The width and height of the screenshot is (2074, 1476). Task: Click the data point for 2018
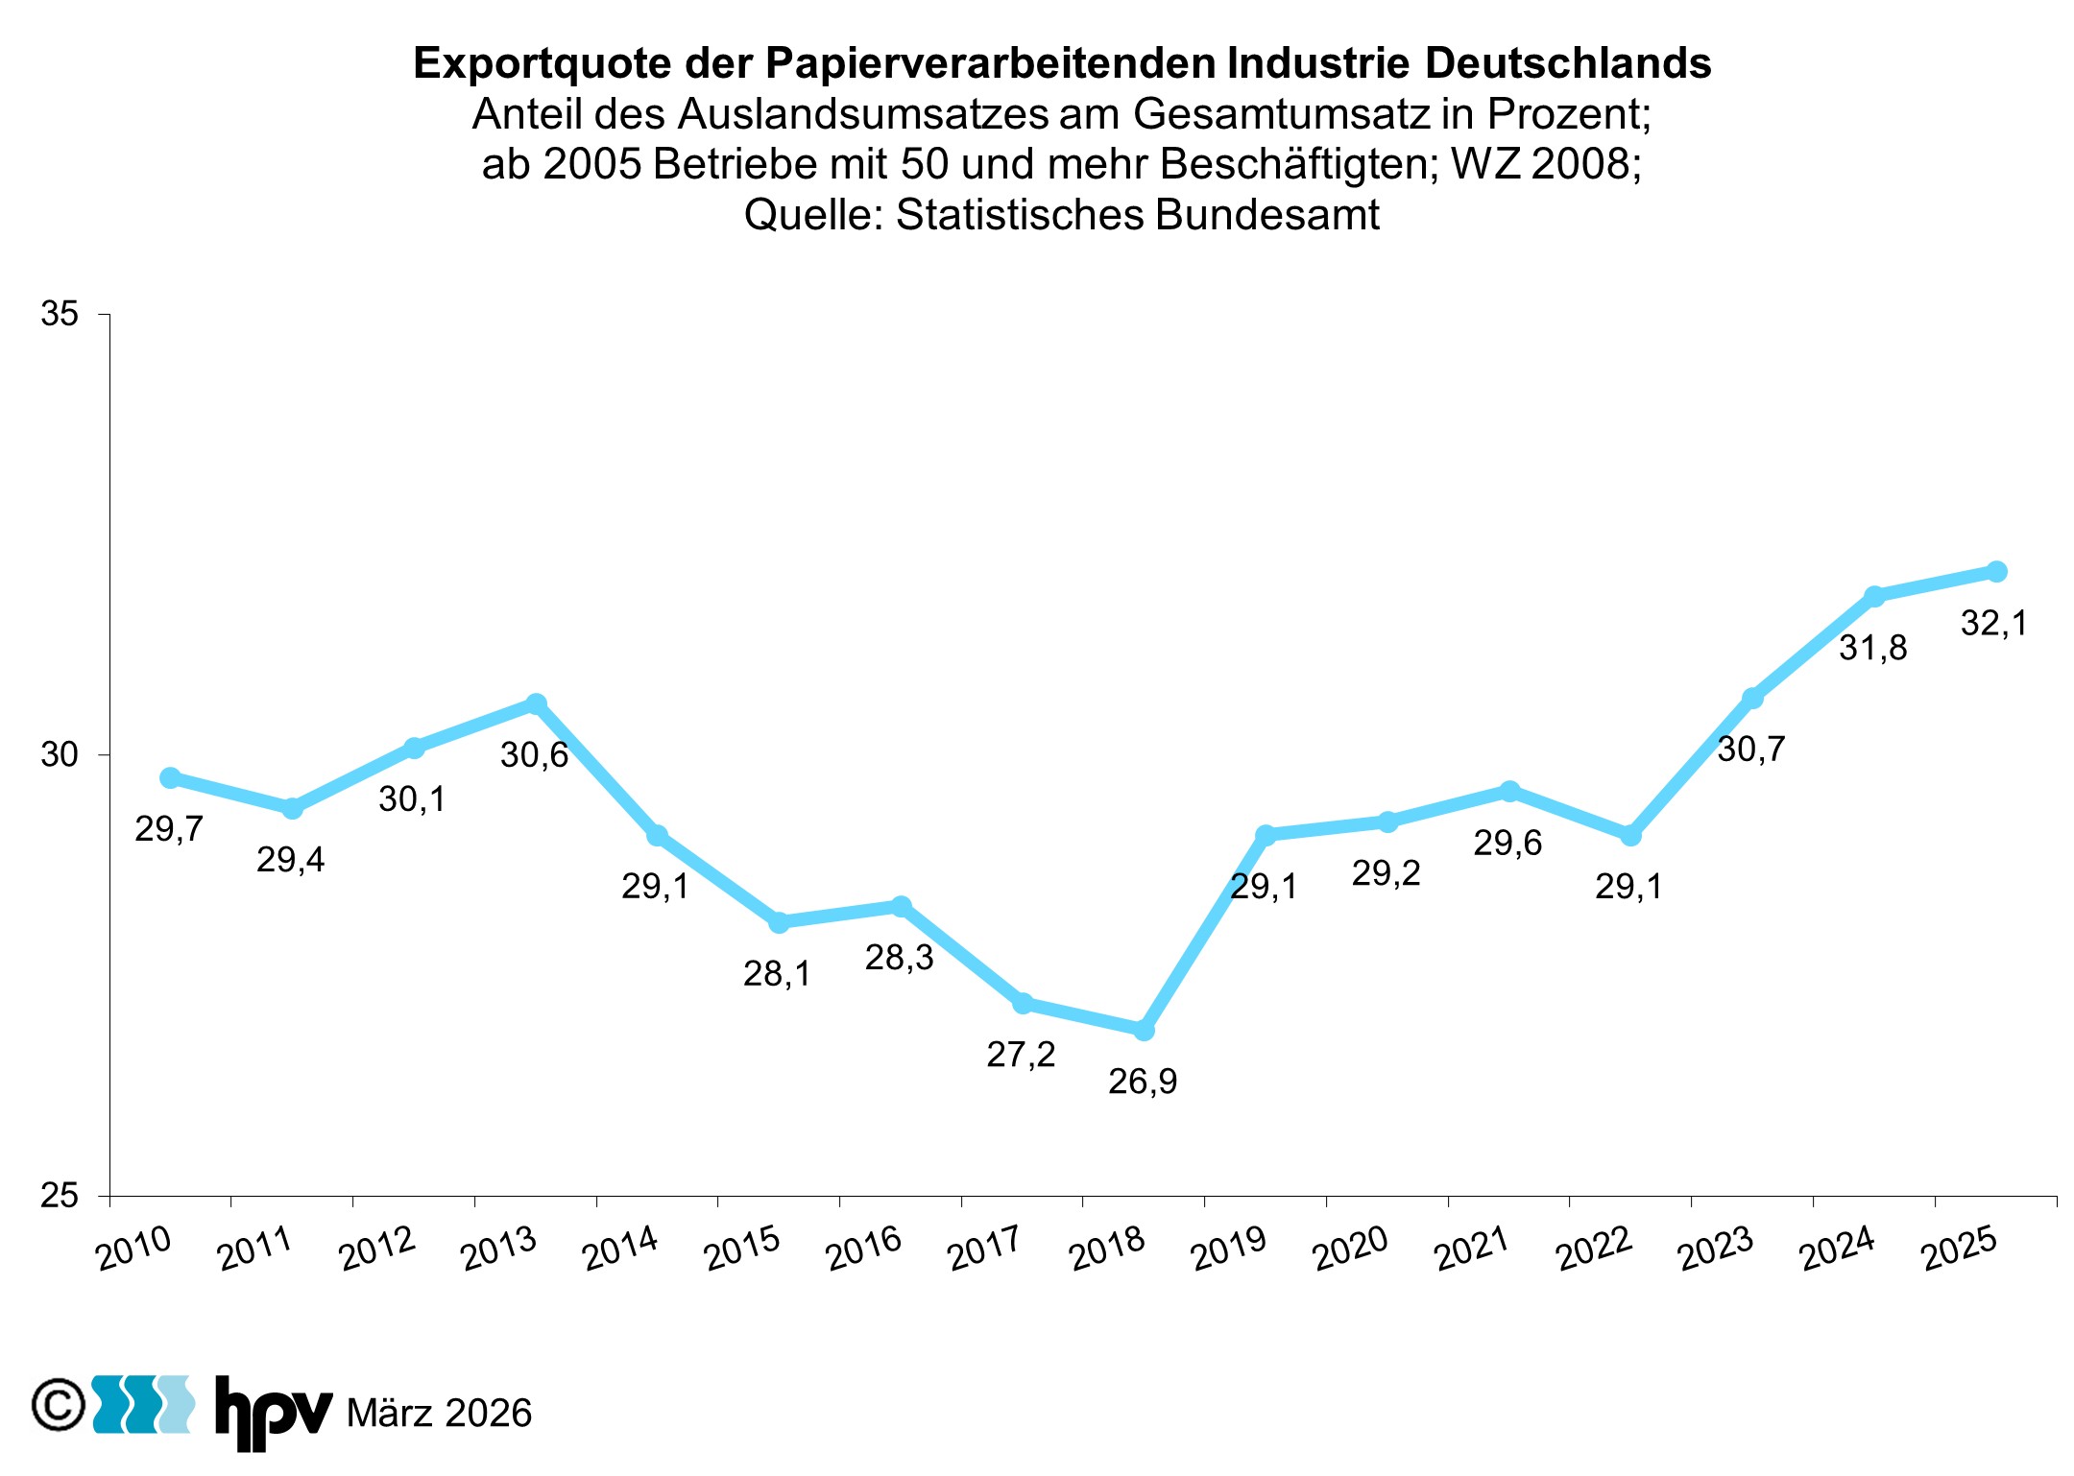click(x=1144, y=1030)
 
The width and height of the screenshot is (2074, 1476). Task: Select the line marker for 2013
click(x=536, y=703)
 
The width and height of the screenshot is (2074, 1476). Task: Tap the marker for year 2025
click(x=1996, y=571)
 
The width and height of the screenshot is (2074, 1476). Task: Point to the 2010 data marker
click(x=170, y=777)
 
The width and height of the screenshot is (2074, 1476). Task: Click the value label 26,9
click(x=1142, y=1082)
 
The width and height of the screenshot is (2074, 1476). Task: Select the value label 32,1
click(x=1993, y=624)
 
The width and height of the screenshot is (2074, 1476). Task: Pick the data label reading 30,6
click(x=534, y=755)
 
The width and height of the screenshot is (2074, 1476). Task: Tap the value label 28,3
click(x=899, y=958)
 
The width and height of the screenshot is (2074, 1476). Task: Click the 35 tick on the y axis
click(x=60, y=314)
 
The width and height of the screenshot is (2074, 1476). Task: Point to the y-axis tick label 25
click(x=60, y=1196)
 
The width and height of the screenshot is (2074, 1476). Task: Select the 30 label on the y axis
click(x=60, y=755)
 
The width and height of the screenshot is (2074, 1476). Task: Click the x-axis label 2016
click(x=863, y=1249)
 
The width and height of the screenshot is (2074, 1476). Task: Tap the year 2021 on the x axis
click(x=1471, y=1249)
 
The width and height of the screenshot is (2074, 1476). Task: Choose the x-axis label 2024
click(x=1837, y=1249)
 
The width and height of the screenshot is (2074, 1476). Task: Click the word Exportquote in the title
click(x=542, y=63)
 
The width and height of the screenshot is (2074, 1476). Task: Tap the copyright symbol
click(x=59, y=1406)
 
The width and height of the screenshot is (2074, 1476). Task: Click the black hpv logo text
click(x=273, y=1413)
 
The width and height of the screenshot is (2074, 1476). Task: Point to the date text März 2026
click(x=439, y=1414)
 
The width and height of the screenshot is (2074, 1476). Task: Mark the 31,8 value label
click(x=1872, y=649)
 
